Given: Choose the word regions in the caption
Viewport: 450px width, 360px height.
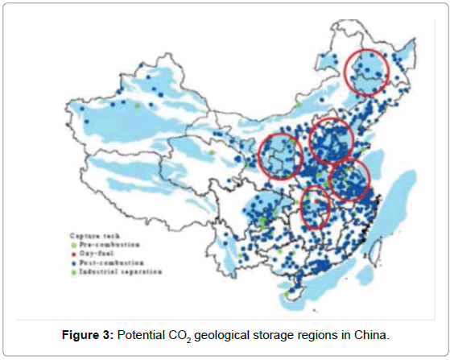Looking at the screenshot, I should pos(347,334).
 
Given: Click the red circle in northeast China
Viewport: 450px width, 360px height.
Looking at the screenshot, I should pos(367,72).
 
